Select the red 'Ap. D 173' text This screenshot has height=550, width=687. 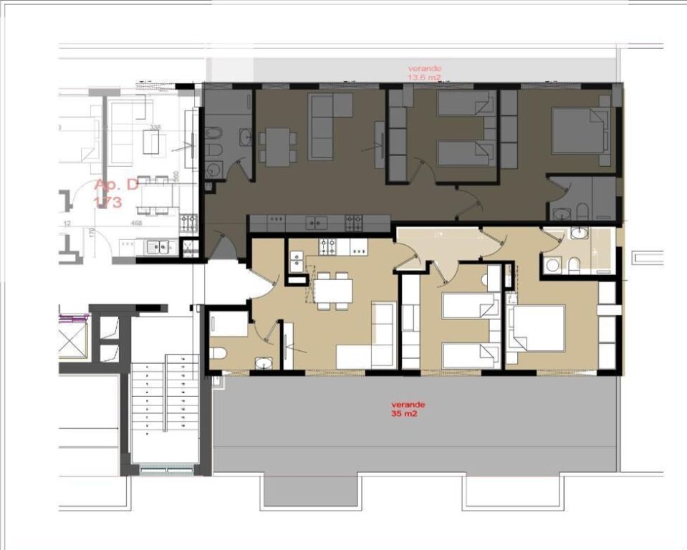115,193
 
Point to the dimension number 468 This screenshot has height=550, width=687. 137,223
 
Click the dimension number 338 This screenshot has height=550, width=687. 154,127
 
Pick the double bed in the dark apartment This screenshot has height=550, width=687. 580,130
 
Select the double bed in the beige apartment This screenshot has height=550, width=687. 538,329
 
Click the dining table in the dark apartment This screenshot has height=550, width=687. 275,145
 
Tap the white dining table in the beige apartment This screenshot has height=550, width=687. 333,291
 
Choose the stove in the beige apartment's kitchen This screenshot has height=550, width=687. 328,247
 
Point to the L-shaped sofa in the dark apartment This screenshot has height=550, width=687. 330,125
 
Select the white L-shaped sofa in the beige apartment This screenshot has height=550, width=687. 373,340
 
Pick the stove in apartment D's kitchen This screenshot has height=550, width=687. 188,222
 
